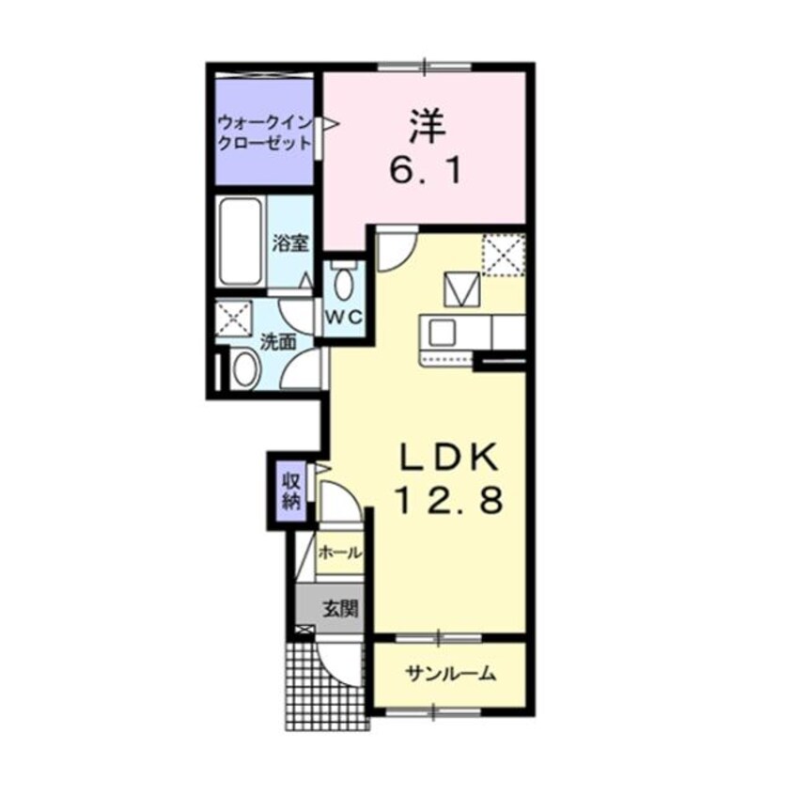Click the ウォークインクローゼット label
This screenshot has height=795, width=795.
click(264, 133)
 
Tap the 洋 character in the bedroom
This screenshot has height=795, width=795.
click(425, 127)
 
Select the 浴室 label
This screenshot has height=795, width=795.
click(290, 242)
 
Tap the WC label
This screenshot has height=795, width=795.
click(344, 317)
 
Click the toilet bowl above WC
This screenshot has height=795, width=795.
click(344, 280)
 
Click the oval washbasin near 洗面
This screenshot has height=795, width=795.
click(246, 368)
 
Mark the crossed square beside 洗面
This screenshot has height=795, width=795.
click(231, 319)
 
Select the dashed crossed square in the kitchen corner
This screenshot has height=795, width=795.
click(503, 253)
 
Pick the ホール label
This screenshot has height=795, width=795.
click(339, 553)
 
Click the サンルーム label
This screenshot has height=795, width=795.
click(450, 674)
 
